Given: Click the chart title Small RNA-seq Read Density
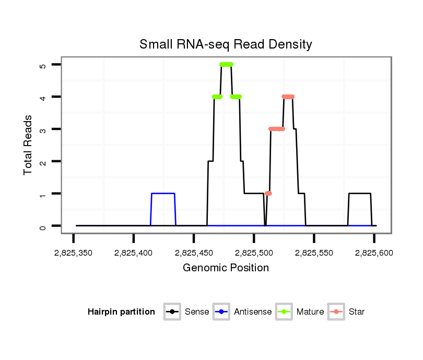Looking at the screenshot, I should pos(226,44).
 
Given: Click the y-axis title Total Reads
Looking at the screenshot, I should pos(29,145).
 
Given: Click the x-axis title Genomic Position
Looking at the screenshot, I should pos(226,268).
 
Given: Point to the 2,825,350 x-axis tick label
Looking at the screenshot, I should pos(73,253).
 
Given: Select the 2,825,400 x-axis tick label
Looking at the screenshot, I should pos(134,253).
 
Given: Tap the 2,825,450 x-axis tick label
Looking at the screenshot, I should pos(194,253).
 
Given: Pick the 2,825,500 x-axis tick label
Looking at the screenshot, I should pos(254,253).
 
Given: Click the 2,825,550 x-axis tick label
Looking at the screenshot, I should pos(314,253).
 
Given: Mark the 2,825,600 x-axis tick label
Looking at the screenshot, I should pos(374,253).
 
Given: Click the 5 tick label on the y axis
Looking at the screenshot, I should pos(42,65).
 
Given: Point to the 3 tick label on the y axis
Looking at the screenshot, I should pos(42,129).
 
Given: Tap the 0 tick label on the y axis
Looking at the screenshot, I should pos(42,226).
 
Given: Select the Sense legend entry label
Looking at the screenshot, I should pos(197,312).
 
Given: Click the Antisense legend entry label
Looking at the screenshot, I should pos(253,312).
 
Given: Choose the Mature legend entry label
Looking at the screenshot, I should pos(310,312).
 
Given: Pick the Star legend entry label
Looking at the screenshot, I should pos(357,312).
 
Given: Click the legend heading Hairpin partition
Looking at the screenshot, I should pos(121,312).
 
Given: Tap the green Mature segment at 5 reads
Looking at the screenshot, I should pos(226,64).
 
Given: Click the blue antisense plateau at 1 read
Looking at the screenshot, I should pos(163,194).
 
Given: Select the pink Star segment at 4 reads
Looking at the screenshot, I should pos(288,97).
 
